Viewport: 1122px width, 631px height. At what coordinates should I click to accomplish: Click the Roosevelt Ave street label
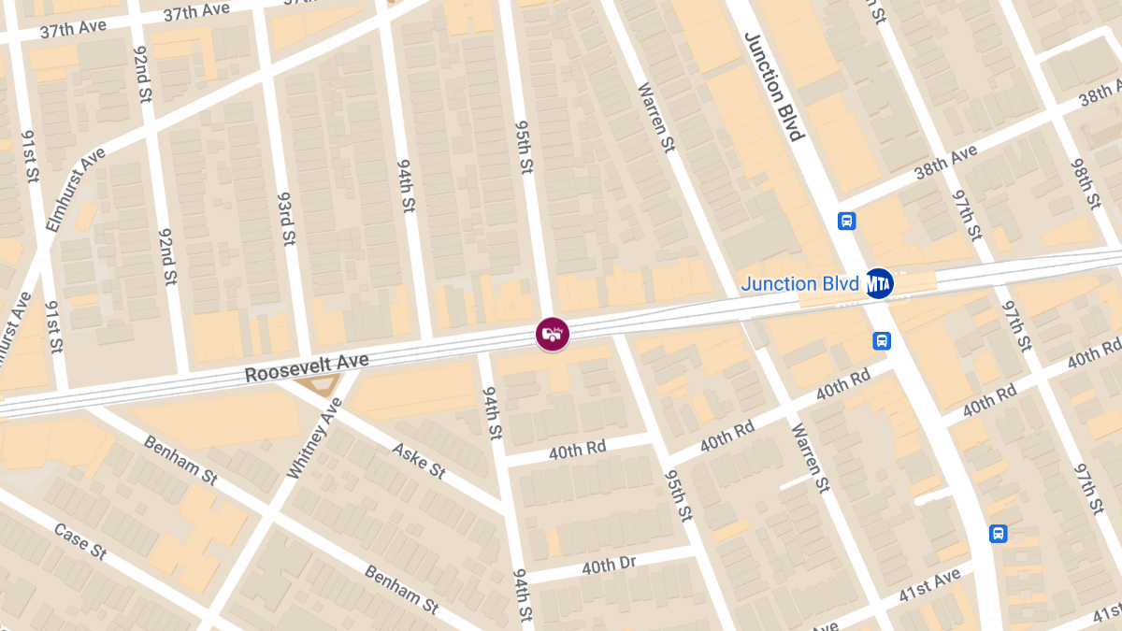click(x=307, y=366)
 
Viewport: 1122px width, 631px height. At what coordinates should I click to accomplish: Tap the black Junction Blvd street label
click(x=774, y=86)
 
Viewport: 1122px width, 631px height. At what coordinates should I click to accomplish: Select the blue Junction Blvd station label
click(x=799, y=283)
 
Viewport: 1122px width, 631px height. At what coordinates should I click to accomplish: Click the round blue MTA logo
click(x=878, y=282)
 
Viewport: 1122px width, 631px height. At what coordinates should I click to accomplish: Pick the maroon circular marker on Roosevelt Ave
click(x=552, y=335)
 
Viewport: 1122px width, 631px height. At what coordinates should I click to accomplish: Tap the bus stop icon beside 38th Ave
click(x=846, y=222)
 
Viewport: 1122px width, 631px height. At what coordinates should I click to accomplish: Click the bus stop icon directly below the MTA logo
click(x=882, y=341)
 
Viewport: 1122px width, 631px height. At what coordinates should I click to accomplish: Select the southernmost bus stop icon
click(x=999, y=534)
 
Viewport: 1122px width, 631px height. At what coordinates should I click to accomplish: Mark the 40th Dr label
click(x=609, y=566)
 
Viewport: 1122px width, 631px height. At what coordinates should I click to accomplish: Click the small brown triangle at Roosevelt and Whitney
click(x=316, y=384)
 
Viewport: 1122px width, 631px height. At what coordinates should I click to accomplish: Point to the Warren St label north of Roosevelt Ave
click(x=655, y=118)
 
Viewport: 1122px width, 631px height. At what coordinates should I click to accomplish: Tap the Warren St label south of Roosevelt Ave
click(x=810, y=459)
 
